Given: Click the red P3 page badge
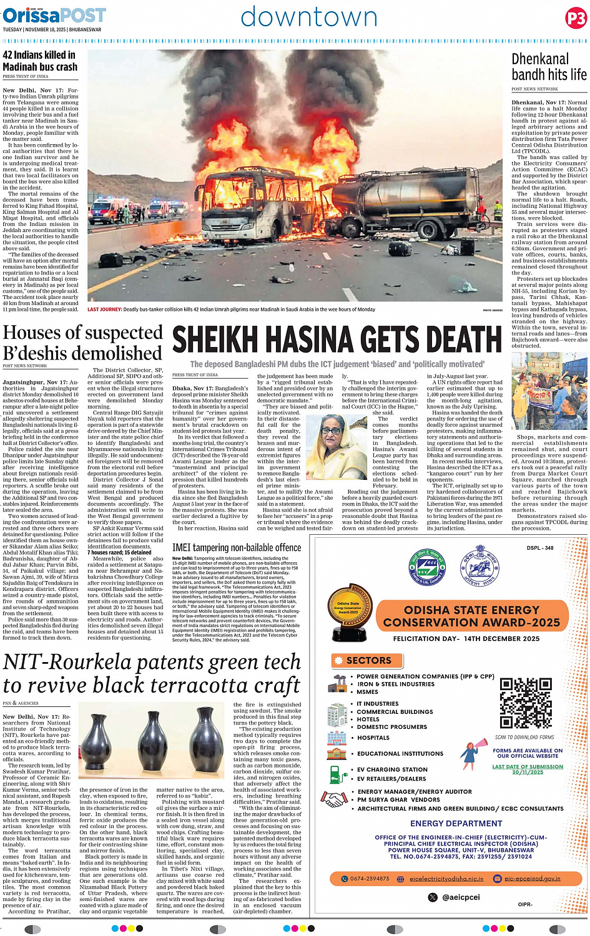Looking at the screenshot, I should tap(576, 18).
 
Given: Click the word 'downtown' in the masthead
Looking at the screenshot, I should tap(309, 17).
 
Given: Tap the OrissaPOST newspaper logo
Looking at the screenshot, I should tap(54, 15).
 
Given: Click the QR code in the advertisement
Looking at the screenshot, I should tap(526, 703).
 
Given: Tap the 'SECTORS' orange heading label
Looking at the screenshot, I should tap(368, 660).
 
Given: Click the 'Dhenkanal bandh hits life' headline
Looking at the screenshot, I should tap(549, 67).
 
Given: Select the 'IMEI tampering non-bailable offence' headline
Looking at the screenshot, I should tap(237, 547).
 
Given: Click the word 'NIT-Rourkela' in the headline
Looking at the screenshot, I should tap(77, 662).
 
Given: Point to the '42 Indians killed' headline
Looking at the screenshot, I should tap(40, 61).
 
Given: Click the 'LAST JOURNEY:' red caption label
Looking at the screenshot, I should tap(104, 310).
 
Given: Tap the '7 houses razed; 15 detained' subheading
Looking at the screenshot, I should tap(119, 552).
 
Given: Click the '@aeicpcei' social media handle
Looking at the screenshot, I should tap(461, 897).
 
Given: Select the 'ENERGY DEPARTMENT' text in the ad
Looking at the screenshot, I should tap(456, 824).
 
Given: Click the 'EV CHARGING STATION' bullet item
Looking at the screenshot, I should tap(392, 769).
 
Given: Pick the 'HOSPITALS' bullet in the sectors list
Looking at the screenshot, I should tap(373, 738).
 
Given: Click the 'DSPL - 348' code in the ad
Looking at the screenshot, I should tap(539, 548).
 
